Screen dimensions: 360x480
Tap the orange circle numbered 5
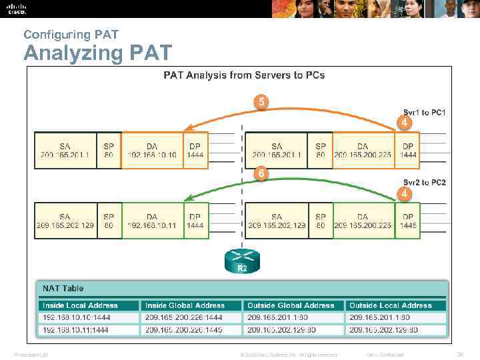(262, 102)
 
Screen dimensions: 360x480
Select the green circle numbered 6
(262, 173)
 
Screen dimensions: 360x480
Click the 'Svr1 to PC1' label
(424, 112)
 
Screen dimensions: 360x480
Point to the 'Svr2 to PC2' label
(424, 182)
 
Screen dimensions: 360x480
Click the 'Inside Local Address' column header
(80, 305)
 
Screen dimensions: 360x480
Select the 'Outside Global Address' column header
(291, 305)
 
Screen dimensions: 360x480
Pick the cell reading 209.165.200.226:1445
(185, 329)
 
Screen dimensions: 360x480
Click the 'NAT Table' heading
(63, 288)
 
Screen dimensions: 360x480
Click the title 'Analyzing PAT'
(97, 52)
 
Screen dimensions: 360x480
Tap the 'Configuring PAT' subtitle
(61, 33)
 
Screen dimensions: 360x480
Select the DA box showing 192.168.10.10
(151, 149)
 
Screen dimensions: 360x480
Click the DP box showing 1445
(408, 220)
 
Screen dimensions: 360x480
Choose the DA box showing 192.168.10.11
(151, 220)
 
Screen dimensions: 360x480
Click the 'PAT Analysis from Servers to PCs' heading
(244, 75)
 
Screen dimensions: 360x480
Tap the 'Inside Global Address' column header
(185, 305)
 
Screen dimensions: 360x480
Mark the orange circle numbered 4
(403, 123)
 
